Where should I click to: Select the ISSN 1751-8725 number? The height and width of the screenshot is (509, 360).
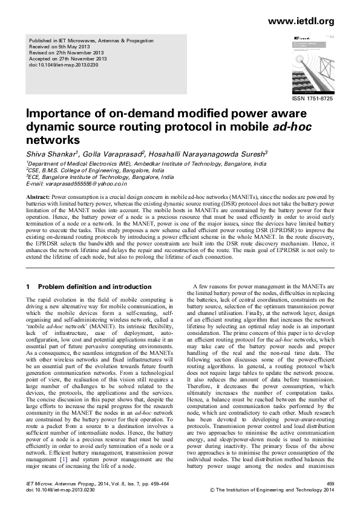[313, 98]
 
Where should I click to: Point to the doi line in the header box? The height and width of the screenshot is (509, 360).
[64, 65]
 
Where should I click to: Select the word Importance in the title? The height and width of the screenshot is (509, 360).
[65, 114]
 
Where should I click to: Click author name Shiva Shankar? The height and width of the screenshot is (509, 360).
[47, 154]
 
